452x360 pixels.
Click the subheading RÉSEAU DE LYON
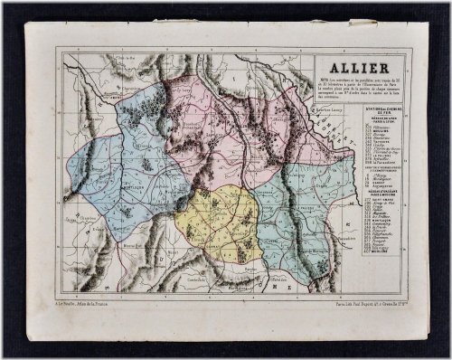point(361,121)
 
